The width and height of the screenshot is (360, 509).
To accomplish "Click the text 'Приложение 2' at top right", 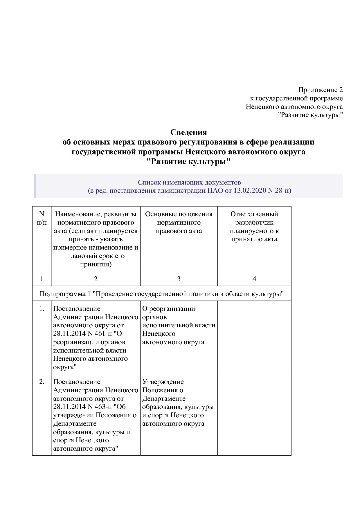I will click(x=320, y=90).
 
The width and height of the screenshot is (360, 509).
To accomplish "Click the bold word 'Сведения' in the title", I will click(x=188, y=132).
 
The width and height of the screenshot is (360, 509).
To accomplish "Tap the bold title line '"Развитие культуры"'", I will click(x=188, y=161).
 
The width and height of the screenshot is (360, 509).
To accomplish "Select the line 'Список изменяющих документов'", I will click(x=189, y=182).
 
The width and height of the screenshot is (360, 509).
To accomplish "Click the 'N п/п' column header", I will click(x=42, y=218).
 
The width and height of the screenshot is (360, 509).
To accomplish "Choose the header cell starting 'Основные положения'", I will click(x=179, y=222).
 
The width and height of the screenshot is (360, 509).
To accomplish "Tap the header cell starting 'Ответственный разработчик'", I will click(x=254, y=226).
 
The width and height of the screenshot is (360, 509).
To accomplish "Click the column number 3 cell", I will click(x=179, y=279).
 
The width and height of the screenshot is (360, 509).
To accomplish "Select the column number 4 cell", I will click(x=254, y=279).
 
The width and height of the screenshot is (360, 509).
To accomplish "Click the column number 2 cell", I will click(x=96, y=279).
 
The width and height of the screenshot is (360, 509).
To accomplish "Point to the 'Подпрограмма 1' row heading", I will click(x=161, y=294).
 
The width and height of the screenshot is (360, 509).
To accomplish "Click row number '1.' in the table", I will click(x=42, y=308).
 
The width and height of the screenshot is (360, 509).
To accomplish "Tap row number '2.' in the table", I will click(x=42, y=382).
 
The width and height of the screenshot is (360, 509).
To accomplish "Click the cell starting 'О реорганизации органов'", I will click(x=179, y=325).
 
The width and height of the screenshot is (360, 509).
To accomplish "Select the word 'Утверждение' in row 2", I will click(x=163, y=382).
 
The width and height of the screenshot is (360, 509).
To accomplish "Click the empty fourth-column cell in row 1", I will click(x=254, y=337).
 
